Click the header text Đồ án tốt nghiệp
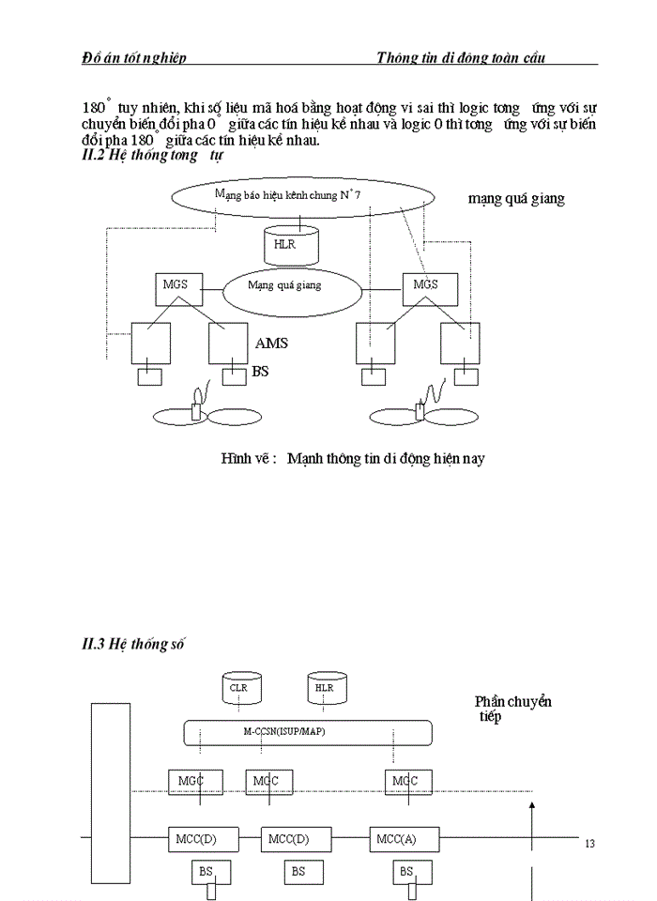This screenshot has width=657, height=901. [x=134, y=58]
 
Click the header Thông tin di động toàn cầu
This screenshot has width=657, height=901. [x=460, y=58]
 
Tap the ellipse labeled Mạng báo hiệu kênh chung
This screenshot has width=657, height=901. [x=302, y=195]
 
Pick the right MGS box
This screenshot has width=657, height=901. [x=425, y=285]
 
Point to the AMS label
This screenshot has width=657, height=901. [x=271, y=344]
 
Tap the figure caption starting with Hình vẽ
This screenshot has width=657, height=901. [x=352, y=459]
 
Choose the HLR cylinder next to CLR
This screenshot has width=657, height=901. [x=325, y=689]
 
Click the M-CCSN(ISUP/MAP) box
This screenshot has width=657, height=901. [x=307, y=732]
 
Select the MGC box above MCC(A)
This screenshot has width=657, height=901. [x=405, y=781]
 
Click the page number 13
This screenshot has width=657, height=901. [x=589, y=844]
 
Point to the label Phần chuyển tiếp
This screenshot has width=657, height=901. [x=512, y=709]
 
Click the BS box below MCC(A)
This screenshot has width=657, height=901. [x=405, y=872]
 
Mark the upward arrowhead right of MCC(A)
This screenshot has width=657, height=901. [x=532, y=804]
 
